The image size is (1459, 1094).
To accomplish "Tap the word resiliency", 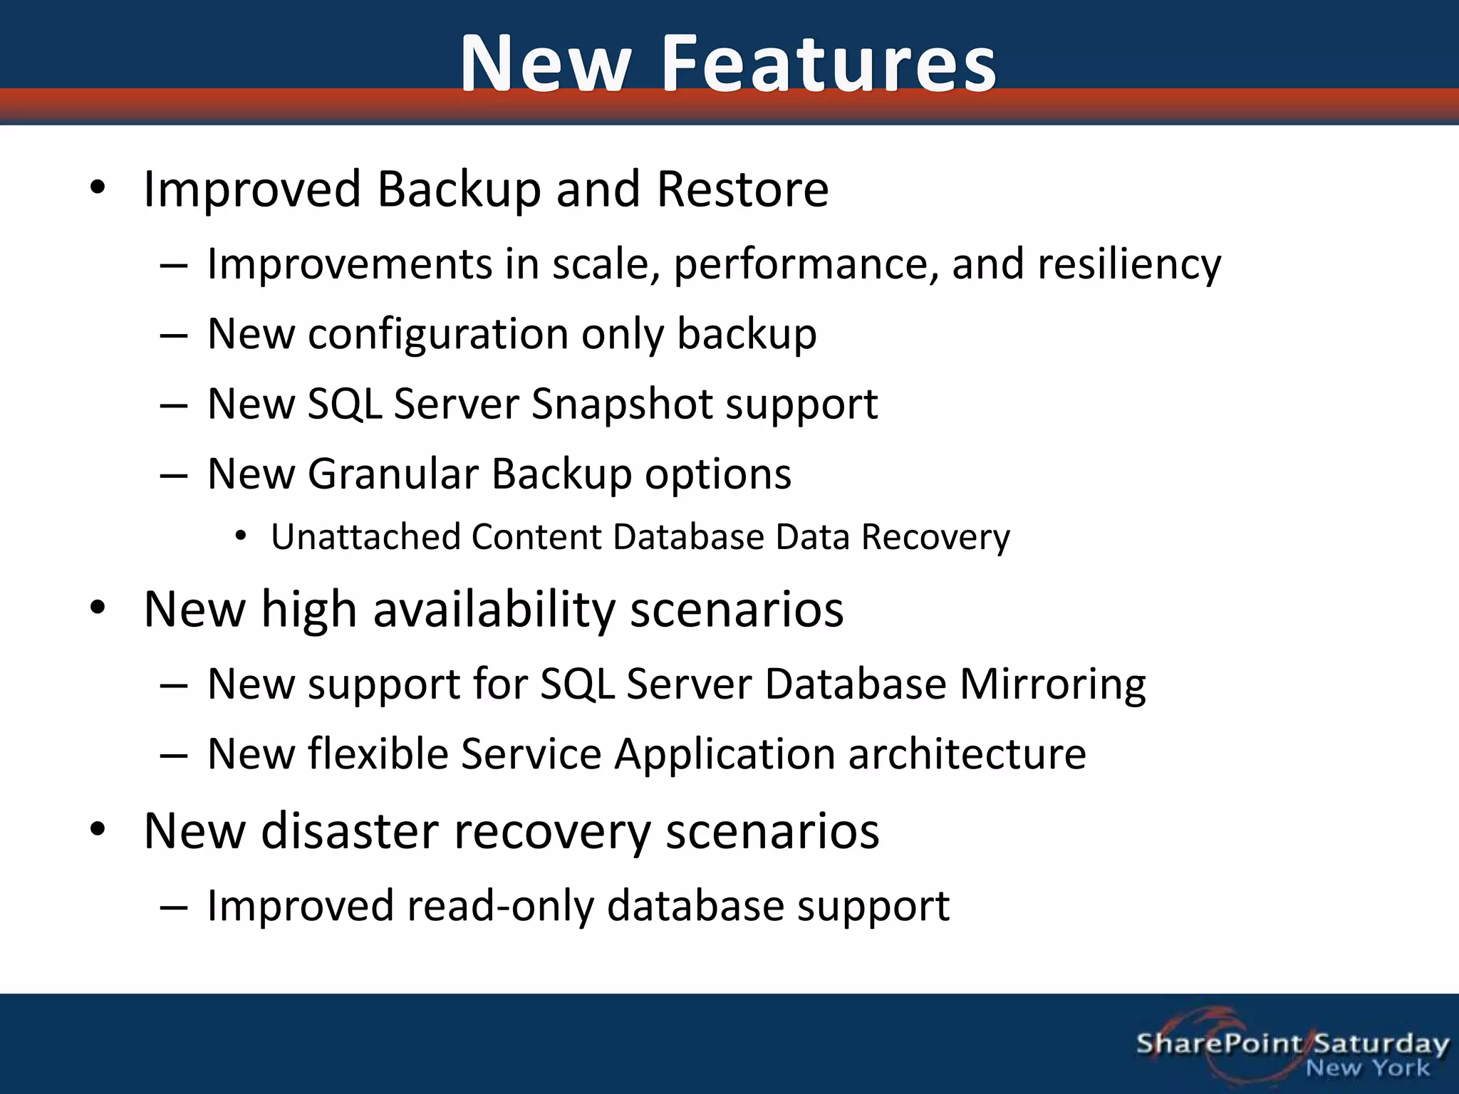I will pos(1129,264).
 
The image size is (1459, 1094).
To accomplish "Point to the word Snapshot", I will pos(622,404).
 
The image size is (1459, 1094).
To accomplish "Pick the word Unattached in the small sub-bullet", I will pos(365,536).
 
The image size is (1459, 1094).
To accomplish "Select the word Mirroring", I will pos(1052,684).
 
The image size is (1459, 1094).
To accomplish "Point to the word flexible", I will pos(377,754).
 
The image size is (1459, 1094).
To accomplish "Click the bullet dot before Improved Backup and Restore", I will pos(98,189).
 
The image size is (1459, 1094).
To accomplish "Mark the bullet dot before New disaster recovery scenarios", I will pos(98,830).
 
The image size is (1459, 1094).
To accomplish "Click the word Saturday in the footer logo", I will pos(1381,1043).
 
